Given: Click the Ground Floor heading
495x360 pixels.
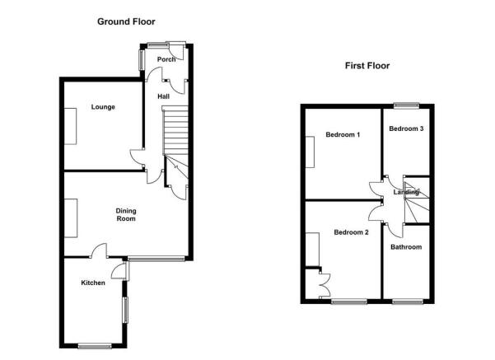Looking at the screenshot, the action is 126,21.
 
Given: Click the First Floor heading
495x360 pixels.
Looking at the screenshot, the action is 367,66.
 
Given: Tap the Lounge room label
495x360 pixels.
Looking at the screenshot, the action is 103,107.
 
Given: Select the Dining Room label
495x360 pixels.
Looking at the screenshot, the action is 126,215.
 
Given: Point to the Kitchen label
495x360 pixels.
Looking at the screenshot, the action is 93,283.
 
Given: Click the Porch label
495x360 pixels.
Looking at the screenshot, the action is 166,59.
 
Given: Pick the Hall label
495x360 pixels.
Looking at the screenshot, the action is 164,96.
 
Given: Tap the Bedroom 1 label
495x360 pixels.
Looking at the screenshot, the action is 343,134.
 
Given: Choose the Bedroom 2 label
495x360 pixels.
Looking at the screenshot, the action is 351,232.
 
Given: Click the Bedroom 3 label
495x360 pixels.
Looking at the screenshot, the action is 406,129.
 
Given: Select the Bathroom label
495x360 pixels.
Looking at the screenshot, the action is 406,247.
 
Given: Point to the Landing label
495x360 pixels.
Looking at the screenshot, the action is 406,192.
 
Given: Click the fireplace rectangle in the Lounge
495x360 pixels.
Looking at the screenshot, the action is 70,126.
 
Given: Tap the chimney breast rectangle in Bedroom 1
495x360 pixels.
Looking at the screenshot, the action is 310,152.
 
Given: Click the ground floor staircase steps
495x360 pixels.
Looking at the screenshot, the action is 175,130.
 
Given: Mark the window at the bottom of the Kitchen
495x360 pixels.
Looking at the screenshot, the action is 95,346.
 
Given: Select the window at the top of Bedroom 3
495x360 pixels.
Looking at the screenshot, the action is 406,106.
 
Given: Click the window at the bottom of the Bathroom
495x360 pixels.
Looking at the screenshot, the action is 407,302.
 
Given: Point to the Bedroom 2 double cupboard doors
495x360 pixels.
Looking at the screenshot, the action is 325,284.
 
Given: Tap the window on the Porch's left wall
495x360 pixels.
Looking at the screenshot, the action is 142,59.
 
